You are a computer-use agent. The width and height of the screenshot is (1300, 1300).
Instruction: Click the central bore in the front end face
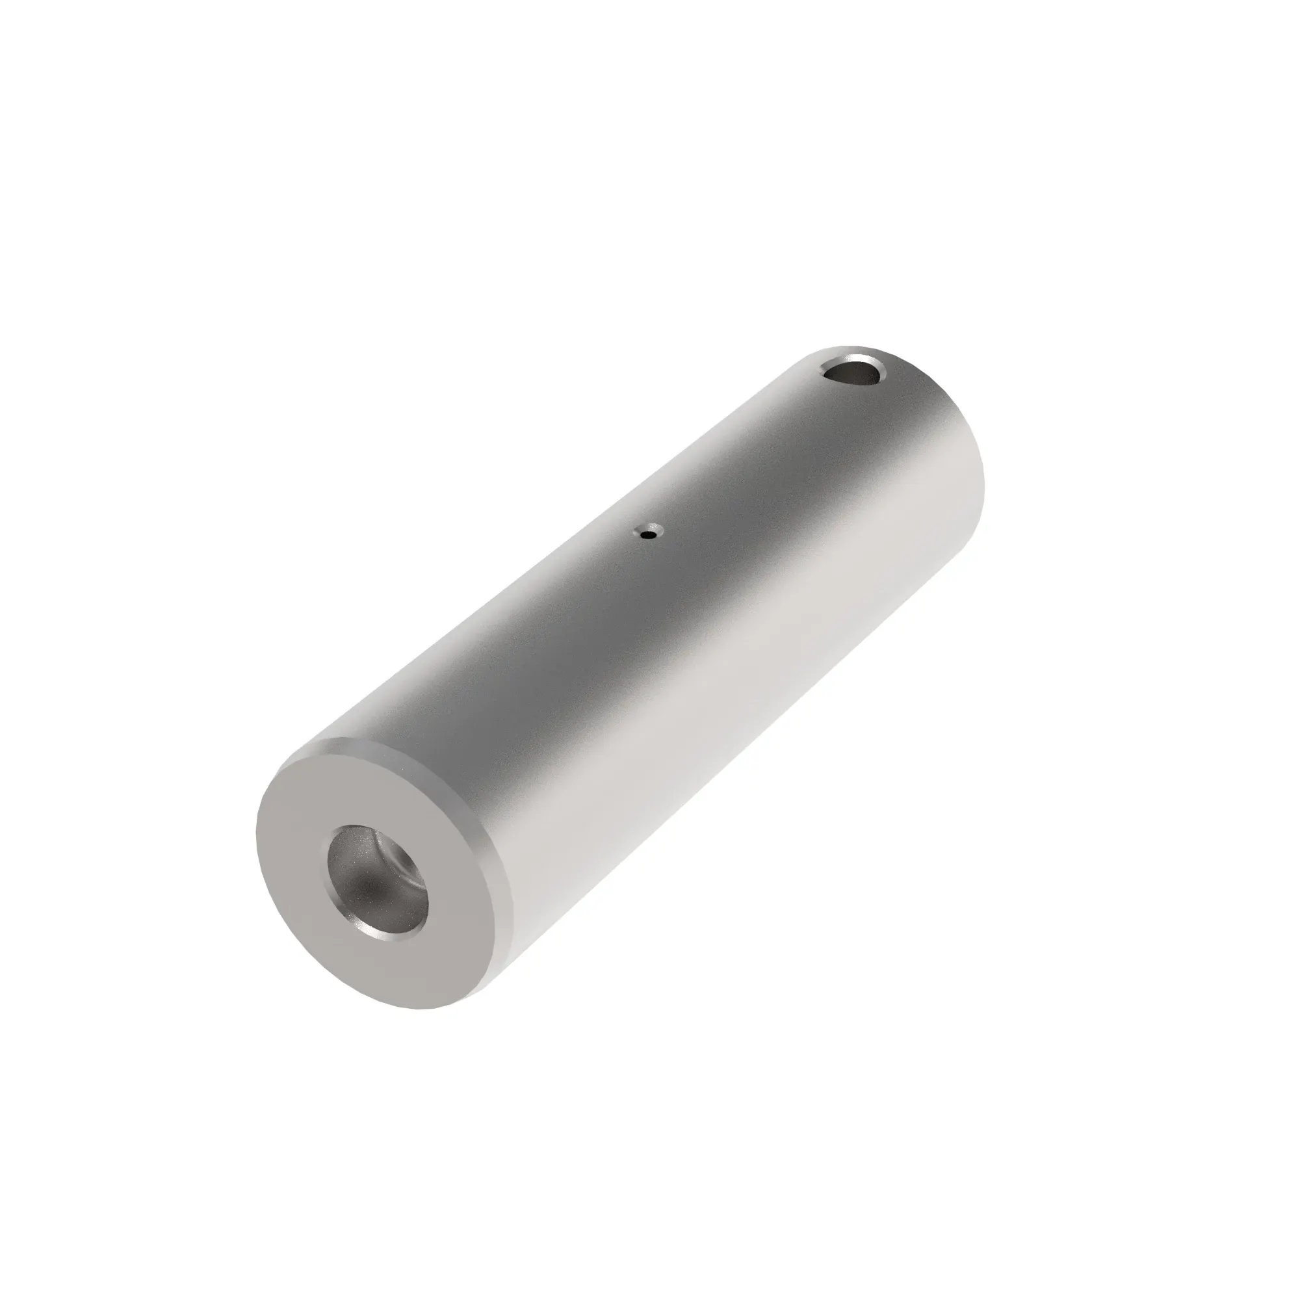tap(378, 881)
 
